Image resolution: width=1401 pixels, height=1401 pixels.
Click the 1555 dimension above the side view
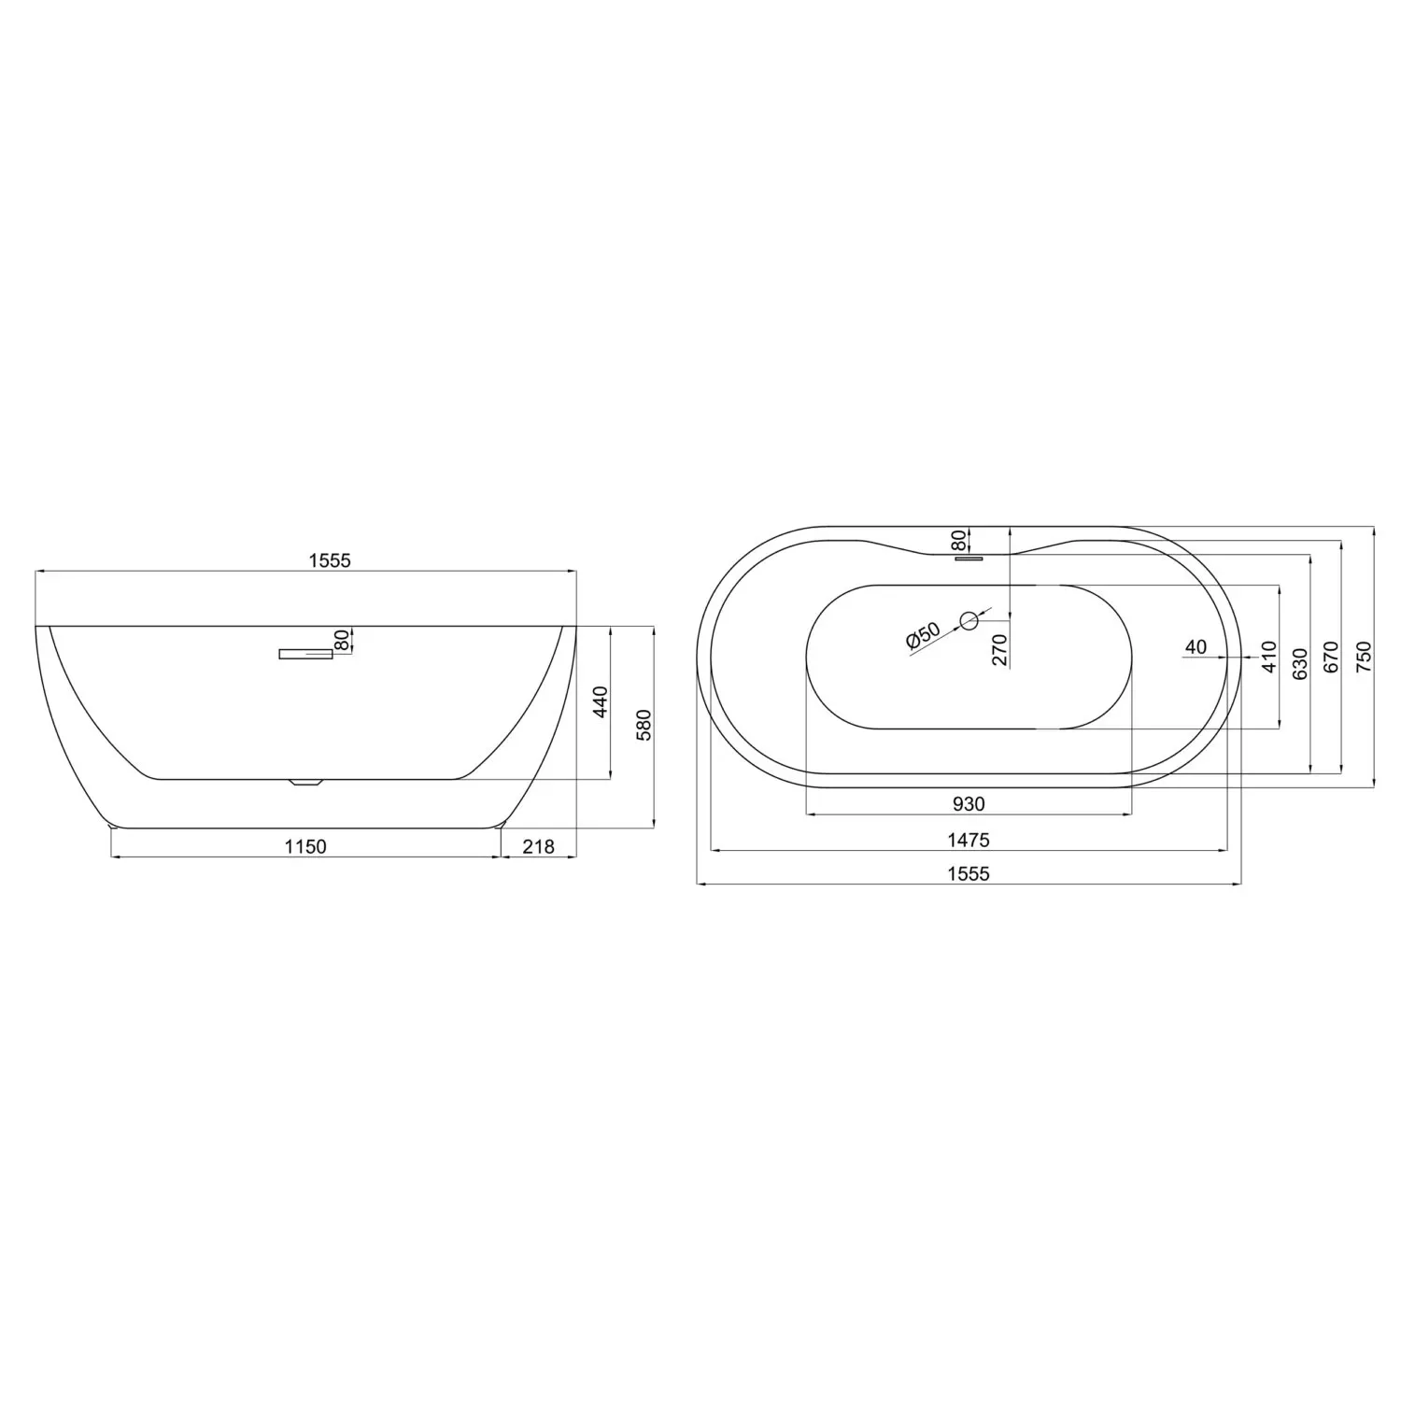[329, 560]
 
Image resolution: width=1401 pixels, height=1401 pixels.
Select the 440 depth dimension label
[601, 701]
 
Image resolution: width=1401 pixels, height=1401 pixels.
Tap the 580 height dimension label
[643, 725]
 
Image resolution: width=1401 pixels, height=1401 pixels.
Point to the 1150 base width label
[305, 846]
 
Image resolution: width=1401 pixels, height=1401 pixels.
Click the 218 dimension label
[538, 846]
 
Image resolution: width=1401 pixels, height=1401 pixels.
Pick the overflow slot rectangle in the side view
[305, 654]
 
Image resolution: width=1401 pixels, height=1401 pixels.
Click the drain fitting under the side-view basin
[305, 783]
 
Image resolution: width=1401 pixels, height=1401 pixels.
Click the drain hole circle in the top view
[969, 618]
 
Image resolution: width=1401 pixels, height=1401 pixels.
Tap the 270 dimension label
[1000, 649]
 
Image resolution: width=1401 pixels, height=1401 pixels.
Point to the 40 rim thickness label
[1196, 646]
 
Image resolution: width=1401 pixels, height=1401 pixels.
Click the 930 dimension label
[969, 803]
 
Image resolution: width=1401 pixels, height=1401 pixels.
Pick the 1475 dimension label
[969, 840]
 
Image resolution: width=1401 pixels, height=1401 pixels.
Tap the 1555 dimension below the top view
[969, 873]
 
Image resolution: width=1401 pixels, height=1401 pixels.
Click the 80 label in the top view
[957, 540]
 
